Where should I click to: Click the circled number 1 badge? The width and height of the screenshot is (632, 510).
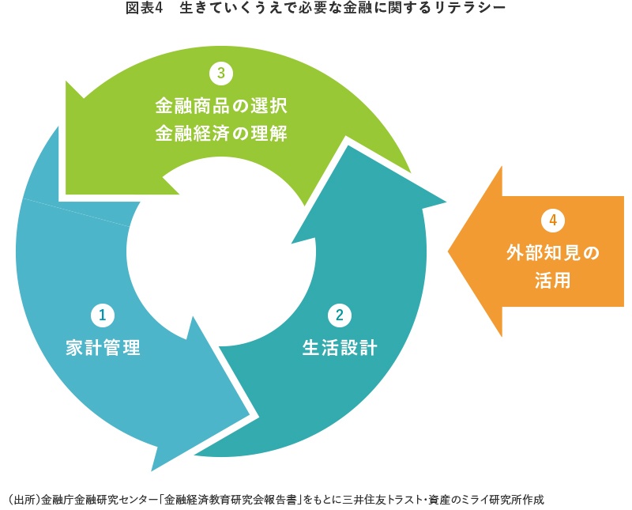coord(102,315)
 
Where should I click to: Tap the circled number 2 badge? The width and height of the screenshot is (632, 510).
coord(339,315)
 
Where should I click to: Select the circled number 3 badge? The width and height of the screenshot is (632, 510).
coord(220,74)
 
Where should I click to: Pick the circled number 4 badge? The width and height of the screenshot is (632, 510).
coord(553,220)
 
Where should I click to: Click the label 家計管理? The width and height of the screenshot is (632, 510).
coord(103,347)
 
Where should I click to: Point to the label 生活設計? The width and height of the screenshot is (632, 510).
coord(340,347)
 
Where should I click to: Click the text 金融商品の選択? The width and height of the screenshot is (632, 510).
coord(220,104)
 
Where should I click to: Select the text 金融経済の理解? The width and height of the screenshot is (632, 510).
coord(220,133)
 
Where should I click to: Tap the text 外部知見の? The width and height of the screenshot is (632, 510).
coord(553,253)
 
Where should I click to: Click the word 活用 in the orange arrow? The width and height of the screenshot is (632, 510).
coord(553,281)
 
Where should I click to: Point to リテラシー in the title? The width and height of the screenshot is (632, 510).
coord(470,9)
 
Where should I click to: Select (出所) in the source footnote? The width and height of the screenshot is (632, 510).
coord(23,500)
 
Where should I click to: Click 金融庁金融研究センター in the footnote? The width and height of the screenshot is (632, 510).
coord(99,500)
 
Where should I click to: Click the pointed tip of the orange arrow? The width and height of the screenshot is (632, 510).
coord(450,252)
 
